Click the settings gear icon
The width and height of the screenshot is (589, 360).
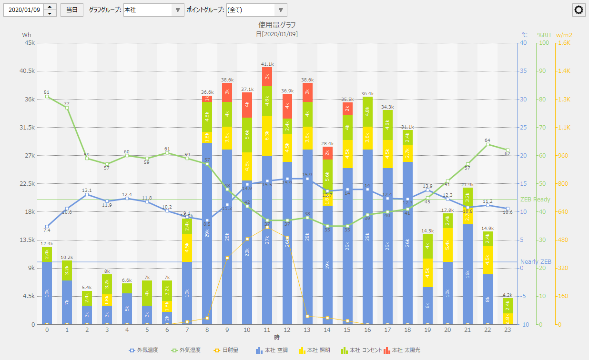click(579, 10)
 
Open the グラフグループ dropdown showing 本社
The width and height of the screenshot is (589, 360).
click(177, 10)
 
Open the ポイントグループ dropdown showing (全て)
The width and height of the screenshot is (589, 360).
click(281, 10)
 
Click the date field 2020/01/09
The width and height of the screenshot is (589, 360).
click(24, 10)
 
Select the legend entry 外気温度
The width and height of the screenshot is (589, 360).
click(144, 350)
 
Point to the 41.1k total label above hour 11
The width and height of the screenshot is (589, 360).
click(267, 64)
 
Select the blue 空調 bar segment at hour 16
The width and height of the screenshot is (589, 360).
click(367, 237)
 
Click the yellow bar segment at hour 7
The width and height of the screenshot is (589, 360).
click(187, 248)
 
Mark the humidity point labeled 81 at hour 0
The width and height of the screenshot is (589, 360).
click(47, 97)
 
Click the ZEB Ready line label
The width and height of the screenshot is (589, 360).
click(535, 200)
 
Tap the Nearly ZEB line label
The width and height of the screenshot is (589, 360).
click(536, 262)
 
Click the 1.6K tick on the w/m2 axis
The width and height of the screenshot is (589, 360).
click(564, 43)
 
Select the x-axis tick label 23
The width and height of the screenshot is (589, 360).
click(508, 330)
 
